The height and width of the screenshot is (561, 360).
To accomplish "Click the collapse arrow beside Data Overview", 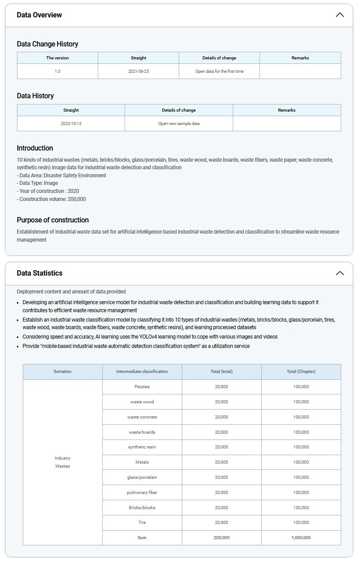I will tap(339, 15).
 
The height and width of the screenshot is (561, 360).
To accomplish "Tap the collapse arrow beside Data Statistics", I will tap(339, 273).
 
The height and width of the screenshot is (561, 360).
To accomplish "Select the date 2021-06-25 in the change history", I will tap(138, 71).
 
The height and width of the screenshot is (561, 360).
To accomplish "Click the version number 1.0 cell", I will tap(58, 71).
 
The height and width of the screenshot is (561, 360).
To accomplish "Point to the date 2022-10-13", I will tap(71, 124).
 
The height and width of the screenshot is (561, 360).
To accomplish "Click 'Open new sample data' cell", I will tap(179, 124).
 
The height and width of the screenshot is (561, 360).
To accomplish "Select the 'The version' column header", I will tap(58, 58).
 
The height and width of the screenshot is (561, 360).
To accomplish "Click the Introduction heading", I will tap(35, 148).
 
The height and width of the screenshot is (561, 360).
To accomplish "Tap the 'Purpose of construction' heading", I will tap(53, 220).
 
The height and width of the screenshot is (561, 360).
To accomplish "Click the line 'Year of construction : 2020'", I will tap(49, 191).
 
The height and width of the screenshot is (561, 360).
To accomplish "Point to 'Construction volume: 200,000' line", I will tap(52, 199).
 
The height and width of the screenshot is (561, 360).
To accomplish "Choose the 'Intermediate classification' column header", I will tap(142, 372).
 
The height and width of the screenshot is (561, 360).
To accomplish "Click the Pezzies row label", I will tap(142, 387).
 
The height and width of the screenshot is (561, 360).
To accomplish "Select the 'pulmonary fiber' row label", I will tap(142, 493).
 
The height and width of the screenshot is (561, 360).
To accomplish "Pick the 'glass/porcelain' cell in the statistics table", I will tap(142, 477).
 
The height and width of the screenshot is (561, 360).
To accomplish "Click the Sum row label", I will tap(142, 538).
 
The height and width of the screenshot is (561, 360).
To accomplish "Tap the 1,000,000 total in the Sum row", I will tap(301, 538).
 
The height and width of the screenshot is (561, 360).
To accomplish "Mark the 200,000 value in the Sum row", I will tap(222, 538).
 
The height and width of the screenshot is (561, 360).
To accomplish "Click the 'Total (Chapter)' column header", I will tap(301, 372).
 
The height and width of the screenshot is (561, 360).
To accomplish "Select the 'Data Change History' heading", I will tap(47, 44).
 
